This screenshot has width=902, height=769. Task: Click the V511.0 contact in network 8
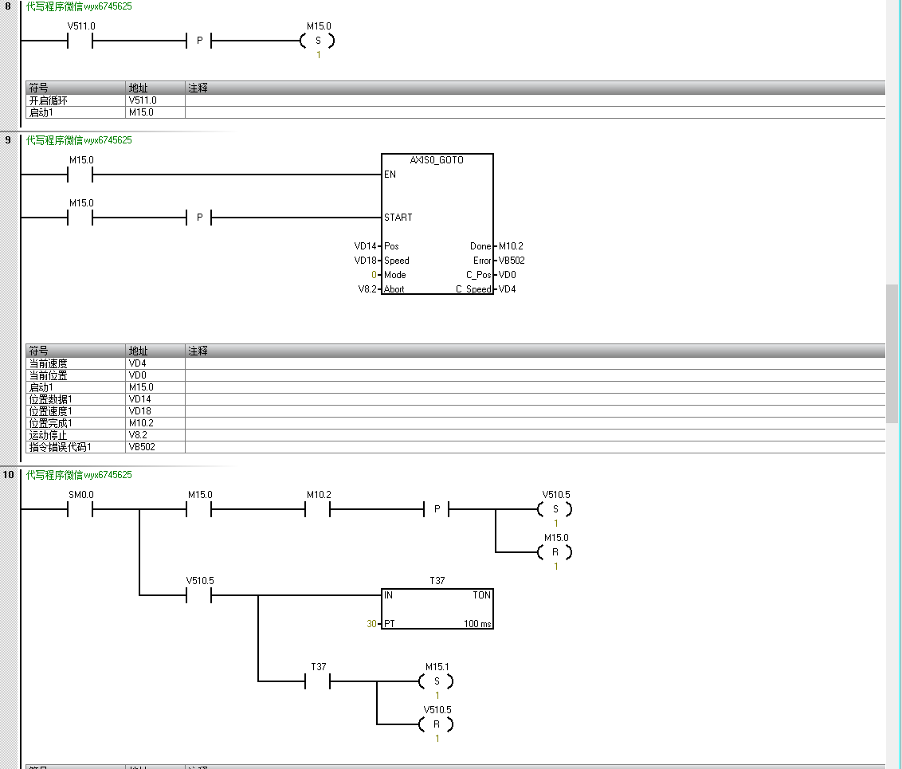coord(80,41)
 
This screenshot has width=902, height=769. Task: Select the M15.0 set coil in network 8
coord(317,41)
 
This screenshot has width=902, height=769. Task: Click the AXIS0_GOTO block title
coord(437,160)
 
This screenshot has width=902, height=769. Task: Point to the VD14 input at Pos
coord(364,246)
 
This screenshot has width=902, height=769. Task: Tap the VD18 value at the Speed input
coord(364,261)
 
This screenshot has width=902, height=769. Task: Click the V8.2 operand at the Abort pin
coord(367,289)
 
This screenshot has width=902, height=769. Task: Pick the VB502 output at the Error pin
coord(512,261)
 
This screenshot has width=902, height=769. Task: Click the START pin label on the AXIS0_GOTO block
coord(398,218)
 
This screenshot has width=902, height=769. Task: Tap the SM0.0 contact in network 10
coord(80,509)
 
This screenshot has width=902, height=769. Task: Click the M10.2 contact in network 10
coord(318,509)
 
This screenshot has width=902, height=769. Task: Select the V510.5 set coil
coord(555,509)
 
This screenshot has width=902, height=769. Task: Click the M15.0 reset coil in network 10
coord(555,552)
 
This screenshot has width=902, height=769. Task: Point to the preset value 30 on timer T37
coord(371,624)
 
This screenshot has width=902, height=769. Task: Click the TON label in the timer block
coord(481,595)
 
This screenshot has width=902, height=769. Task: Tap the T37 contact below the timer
coord(318,681)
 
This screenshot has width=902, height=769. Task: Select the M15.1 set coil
coord(437,681)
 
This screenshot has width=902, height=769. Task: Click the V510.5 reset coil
coord(437,724)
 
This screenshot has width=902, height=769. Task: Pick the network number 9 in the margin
coord(8,140)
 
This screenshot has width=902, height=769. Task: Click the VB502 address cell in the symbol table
coord(141,447)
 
